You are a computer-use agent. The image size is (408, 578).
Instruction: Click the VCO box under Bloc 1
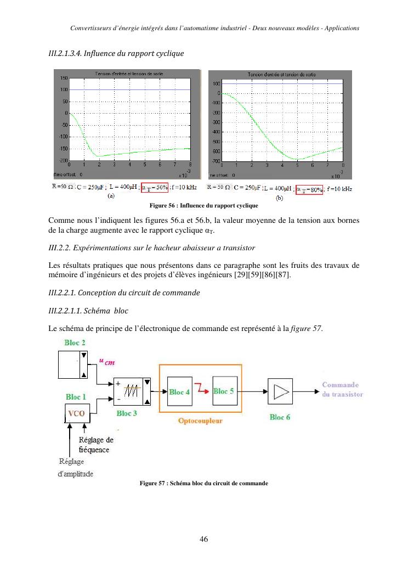click(x=76, y=413)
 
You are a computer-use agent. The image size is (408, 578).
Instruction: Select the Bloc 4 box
click(x=179, y=391)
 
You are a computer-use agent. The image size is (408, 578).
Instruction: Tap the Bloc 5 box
click(x=224, y=391)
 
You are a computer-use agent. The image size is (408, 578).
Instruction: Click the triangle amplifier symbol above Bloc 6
click(x=280, y=391)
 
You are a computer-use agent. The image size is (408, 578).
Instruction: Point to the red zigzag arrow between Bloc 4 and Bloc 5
click(x=202, y=391)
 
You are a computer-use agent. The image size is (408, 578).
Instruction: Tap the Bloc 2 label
click(x=75, y=343)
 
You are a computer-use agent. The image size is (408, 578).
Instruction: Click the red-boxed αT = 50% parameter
click(x=154, y=188)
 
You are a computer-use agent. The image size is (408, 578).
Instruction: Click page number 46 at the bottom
click(x=203, y=539)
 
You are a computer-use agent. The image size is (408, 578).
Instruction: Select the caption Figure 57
click(x=203, y=483)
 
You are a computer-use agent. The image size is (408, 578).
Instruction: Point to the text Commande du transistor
click(x=342, y=389)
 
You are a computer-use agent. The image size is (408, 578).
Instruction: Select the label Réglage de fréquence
click(x=94, y=445)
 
